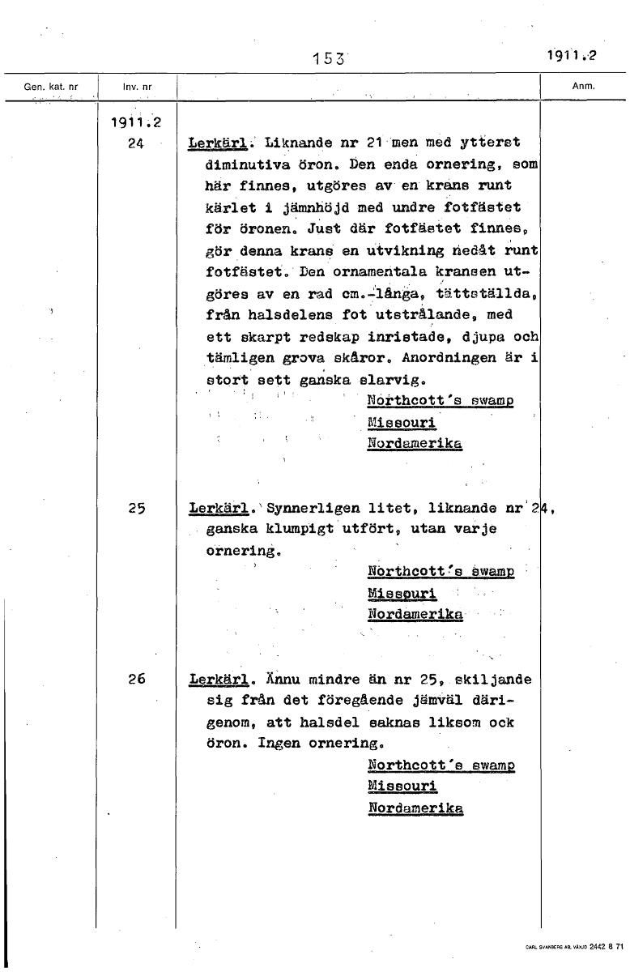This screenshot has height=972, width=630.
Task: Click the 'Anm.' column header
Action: pyautogui.click(x=583, y=85)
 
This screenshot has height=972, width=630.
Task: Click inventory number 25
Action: pyautogui.click(x=136, y=509)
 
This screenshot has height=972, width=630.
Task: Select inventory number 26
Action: pyautogui.click(x=136, y=680)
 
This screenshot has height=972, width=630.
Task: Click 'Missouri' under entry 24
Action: pyautogui.click(x=402, y=423)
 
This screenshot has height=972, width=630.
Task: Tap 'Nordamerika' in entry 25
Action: pyautogui.click(x=415, y=615)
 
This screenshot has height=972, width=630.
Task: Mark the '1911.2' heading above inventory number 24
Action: pyautogui.click(x=134, y=123)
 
